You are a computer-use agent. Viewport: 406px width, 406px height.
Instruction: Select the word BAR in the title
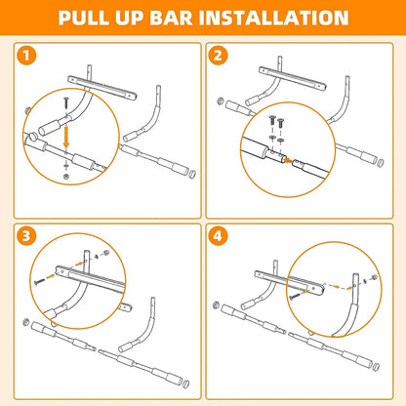pos(194,19)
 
